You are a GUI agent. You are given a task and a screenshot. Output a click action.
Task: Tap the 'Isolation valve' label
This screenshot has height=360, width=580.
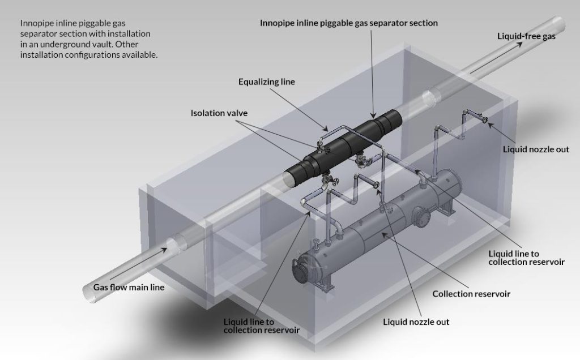219,113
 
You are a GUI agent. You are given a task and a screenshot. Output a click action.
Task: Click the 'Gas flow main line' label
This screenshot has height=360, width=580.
129,288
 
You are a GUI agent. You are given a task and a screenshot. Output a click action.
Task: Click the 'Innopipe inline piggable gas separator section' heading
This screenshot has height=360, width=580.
349,23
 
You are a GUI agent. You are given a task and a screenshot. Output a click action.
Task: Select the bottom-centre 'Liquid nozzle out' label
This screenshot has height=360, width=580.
416,322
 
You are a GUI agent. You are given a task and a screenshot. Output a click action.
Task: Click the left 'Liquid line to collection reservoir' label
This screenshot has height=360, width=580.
262,325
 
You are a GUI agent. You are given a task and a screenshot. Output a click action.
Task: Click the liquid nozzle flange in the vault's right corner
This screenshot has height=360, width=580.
485,119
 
